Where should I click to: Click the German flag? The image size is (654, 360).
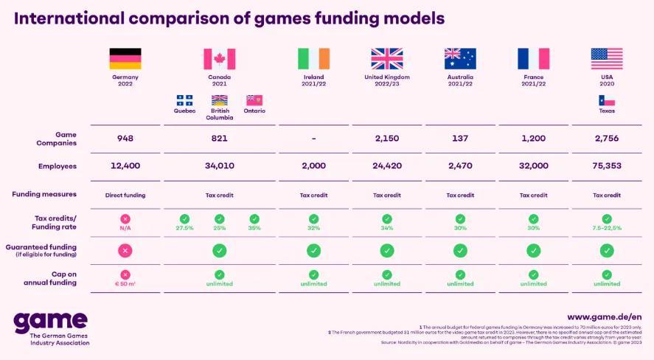[125, 59]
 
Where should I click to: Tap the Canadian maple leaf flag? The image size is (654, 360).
[219, 59]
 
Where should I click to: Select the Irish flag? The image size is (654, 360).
[313, 59]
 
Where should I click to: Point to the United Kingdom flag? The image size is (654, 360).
[386, 59]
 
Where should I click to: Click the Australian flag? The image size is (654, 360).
[460, 59]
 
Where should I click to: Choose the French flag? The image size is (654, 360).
[533, 59]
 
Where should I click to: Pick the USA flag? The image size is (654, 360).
[607, 59]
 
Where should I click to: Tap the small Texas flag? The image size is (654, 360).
[607, 100]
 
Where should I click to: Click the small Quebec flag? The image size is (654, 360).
[184, 100]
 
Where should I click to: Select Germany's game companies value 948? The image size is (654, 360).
[125, 138]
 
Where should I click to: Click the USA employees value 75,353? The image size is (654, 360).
[607, 166]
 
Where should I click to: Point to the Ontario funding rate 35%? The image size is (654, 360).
[254, 228]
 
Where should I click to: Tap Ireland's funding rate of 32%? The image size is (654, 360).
[313, 228]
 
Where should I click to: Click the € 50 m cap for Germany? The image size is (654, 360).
[125, 283]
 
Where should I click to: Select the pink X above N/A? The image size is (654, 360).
[125, 218]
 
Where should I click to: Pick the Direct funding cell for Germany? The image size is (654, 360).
[125, 195]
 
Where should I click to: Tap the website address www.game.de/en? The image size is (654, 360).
[604, 316]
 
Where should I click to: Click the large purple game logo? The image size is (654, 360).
[50, 321]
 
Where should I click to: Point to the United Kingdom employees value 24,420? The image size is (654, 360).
[386, 166]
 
